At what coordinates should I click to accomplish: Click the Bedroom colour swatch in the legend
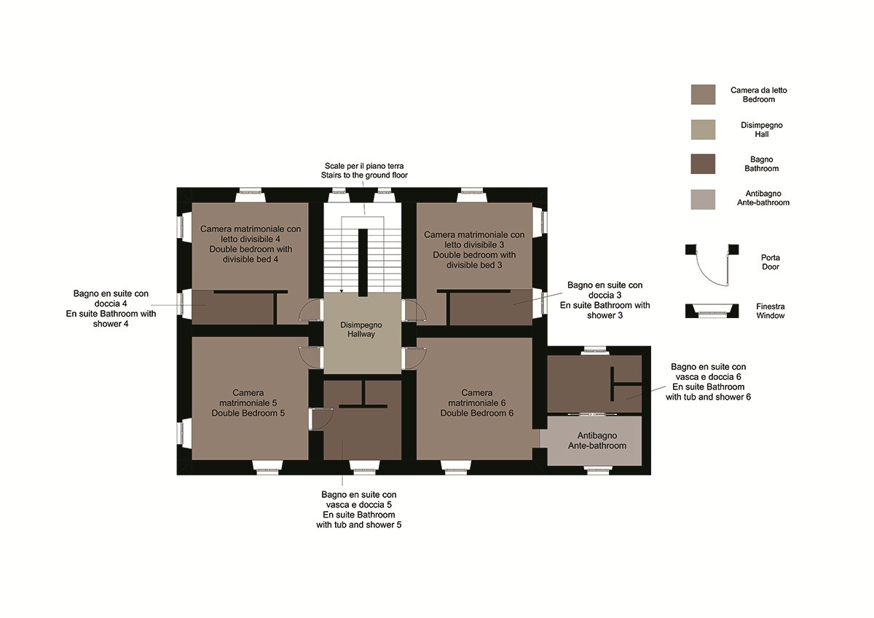(703, 95)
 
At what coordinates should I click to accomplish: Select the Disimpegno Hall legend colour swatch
(703, 130)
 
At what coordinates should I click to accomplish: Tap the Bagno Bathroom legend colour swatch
(703, 164)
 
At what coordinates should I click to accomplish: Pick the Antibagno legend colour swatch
(703, 199)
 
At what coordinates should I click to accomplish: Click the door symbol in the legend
(712, 265)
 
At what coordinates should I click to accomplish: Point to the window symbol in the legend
(712, 311)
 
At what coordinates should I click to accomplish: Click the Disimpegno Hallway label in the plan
(361, 330)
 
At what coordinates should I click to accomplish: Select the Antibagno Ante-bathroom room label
(597, 440)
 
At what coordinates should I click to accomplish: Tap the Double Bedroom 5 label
(248, 403)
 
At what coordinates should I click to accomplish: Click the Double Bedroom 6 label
(477, 403)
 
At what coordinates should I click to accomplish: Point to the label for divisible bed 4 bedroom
(251, 244)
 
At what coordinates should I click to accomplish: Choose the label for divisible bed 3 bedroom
(474, 250)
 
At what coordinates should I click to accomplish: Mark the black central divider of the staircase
(363, 262)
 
